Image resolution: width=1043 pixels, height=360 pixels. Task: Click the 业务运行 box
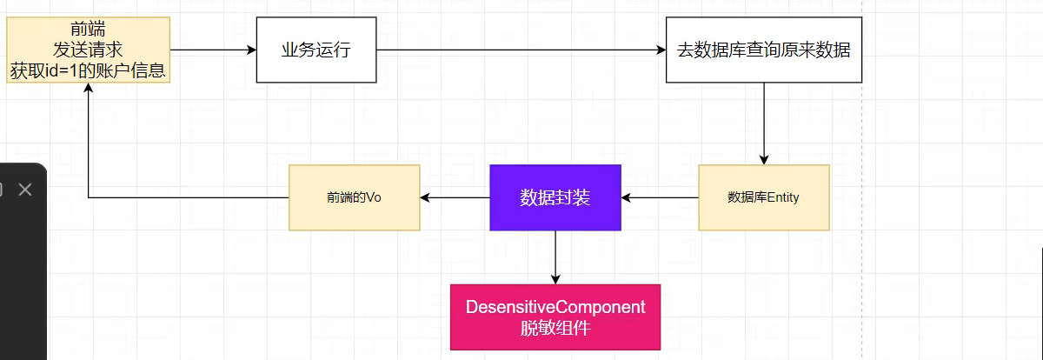pyautogui.click(x=316, y=50)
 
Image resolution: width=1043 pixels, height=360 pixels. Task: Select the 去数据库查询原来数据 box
pyautogui.click(x=763, y=50)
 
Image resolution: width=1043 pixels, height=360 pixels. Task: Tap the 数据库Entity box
pyautogui.click(x=763, y=197)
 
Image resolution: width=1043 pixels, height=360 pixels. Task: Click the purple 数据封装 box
pyautogui.click(x=555, y=197)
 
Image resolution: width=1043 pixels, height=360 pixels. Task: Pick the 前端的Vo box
pyautogui.click(x=354, y=197)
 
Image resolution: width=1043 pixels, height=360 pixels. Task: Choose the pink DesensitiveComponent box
pyautogui.click(x=555, y=317)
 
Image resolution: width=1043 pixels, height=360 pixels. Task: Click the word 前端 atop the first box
pyautogui.click(x=88, y=30)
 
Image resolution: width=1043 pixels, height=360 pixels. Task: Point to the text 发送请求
pyautogui.click(x=88, y=50)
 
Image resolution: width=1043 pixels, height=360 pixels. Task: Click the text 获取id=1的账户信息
pyautogui.click(x=88, y=70)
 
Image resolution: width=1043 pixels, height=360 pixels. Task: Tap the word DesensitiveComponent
pyautogui.click(x=555, y=307)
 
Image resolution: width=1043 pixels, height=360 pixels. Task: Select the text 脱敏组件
pyautogui.click(x=555, y=328)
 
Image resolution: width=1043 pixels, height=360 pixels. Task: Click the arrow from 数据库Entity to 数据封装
pyautogui.click(x=660, y=198)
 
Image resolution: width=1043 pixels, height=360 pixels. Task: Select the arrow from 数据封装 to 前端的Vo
pyautogui.click(x=455, y=198)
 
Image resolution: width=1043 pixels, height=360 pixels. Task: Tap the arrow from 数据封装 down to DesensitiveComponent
pyautogui.click(x=555, y=257)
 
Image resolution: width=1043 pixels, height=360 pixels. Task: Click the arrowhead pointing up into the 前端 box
pyautogui.click(x=89, y=90)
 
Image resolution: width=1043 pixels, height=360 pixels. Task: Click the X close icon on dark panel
pyautogui.click(x=25, y=189)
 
